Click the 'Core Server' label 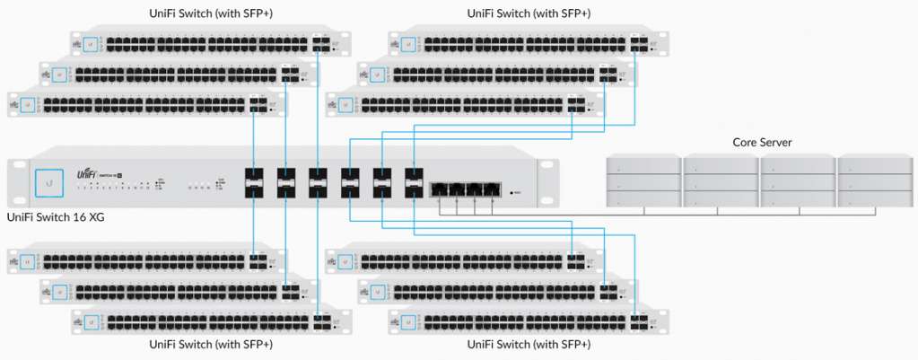[x=762, y=142]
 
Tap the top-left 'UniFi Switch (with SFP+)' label [x=211, y=13]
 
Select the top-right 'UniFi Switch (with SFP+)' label [x=529, y=13]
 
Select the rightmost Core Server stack [x=874, y=182]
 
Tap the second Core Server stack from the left [x=720, y=182]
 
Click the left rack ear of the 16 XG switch [x=17, y=180]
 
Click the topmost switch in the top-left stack [x=211, y=42]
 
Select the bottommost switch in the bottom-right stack [x=529, y=320]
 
